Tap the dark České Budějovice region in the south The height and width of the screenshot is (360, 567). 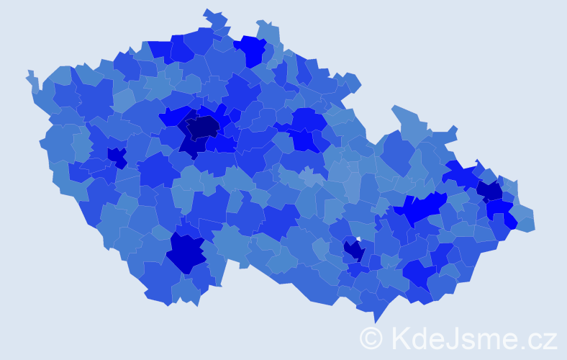pos(186,252)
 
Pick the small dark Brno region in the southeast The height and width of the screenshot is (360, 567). pos(353,251)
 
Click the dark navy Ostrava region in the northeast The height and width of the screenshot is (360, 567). pos(490,190)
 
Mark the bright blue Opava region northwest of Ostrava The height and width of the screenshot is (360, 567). pos(461,174)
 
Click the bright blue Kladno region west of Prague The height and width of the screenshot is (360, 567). pos(173,116)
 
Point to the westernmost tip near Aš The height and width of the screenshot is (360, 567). pos(30,74)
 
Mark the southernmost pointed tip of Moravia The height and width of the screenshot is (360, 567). pos(376,320)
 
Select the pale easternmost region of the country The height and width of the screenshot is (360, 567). pos(526,222)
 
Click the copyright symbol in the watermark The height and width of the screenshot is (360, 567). pos(371,338)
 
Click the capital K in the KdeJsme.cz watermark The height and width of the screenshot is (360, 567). pos(400,338)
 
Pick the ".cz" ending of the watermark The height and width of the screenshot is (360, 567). pos(539,338)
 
